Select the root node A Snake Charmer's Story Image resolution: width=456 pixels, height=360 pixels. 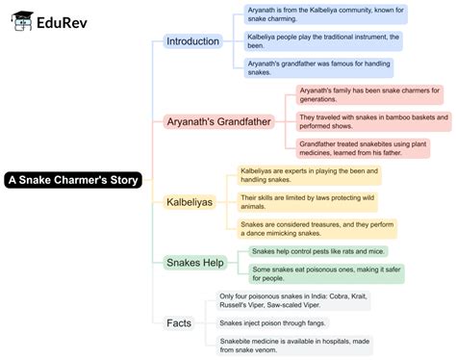click(73, 179)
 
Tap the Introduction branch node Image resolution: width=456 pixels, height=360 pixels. click(192, 41)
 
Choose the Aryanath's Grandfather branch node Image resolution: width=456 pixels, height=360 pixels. click(219, 122)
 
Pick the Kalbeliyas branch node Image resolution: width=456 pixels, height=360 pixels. click(189, 202)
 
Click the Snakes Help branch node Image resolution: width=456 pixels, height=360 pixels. click(194, 262)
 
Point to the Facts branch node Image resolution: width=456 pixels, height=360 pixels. click(180, 321)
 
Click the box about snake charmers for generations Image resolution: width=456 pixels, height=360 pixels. click(369, 94)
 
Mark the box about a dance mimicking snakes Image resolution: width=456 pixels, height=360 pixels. click(317, 228)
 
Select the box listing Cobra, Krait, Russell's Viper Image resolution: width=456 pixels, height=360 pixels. click(292, 301)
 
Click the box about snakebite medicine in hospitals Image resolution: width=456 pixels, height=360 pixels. click(293, 345)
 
